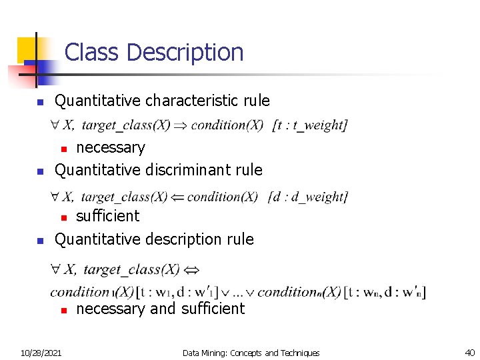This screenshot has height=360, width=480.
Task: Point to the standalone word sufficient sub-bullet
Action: coord(108,216)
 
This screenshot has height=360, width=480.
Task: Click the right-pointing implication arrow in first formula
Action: coord(181,125)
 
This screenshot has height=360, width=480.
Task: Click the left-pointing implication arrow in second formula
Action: coord(177,197)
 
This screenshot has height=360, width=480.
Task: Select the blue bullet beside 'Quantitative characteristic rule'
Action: coord(39,103)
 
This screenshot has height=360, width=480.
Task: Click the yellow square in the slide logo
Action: coord(27,47)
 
